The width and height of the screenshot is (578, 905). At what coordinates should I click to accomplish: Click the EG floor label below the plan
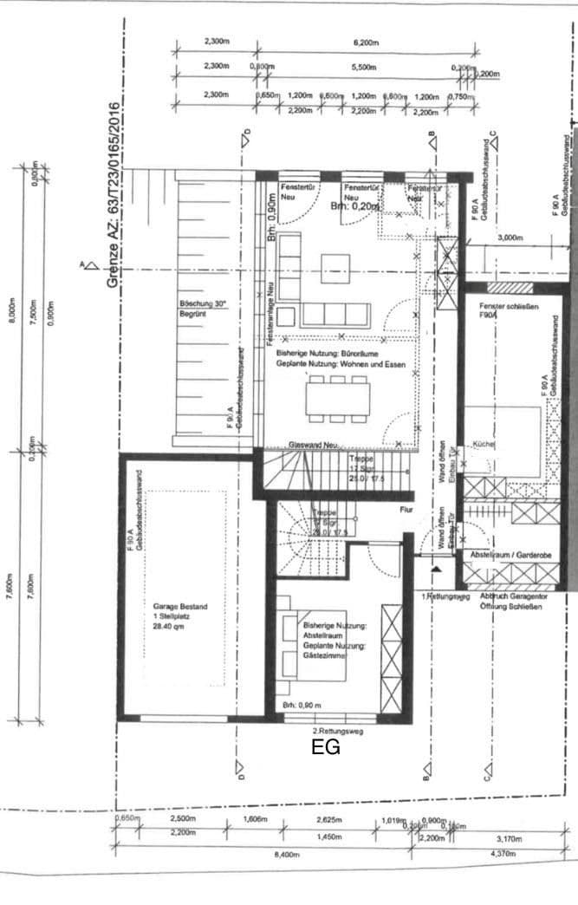[x=326, y=747]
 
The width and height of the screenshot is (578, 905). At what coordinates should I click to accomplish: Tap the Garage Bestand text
[x=179, y=606]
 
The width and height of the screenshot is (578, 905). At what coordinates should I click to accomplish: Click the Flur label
[x=406, y=511]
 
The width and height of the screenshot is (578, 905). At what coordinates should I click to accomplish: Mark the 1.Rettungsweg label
[x=447, y=597]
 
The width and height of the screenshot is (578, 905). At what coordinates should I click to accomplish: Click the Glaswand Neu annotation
[x=313, y=443]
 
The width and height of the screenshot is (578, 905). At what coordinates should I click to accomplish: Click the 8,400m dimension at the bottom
[x=286, y=855]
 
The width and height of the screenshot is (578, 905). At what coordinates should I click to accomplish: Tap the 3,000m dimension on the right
[x=510, y=237]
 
